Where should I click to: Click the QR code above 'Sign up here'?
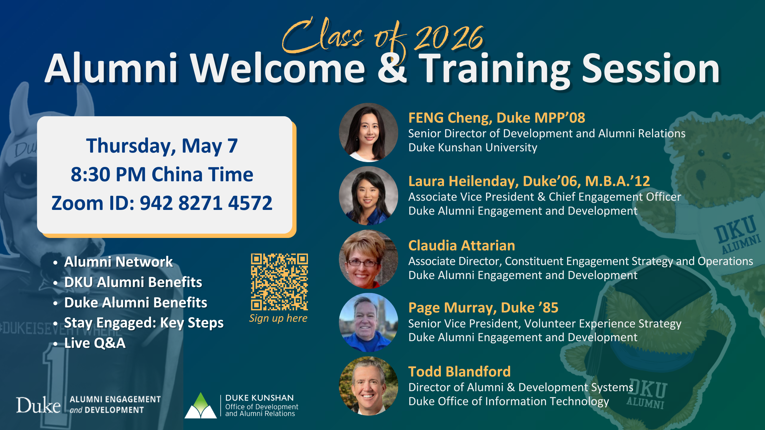[279, 282]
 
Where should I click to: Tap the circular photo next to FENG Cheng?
[368, 132]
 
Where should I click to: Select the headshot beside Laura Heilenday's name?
[368, 196]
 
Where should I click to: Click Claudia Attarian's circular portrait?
[368, 259]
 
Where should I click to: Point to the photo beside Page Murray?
[368, 322]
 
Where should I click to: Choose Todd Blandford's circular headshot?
[368, 386]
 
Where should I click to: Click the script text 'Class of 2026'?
[382, 37]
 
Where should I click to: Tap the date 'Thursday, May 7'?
[162, 146]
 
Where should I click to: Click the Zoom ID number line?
[162, 203]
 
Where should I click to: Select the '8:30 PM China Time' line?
[162, 174]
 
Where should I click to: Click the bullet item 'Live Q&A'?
[95, 343]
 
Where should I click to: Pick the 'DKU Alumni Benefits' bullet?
[133, 282]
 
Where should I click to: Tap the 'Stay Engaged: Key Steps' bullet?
[144, 323]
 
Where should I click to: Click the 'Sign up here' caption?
[278, 318]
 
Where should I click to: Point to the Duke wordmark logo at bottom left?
[38, 405]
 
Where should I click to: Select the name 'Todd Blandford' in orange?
[459, 371]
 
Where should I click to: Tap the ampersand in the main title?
[392, 68]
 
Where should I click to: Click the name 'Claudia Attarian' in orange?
[462, 245]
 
